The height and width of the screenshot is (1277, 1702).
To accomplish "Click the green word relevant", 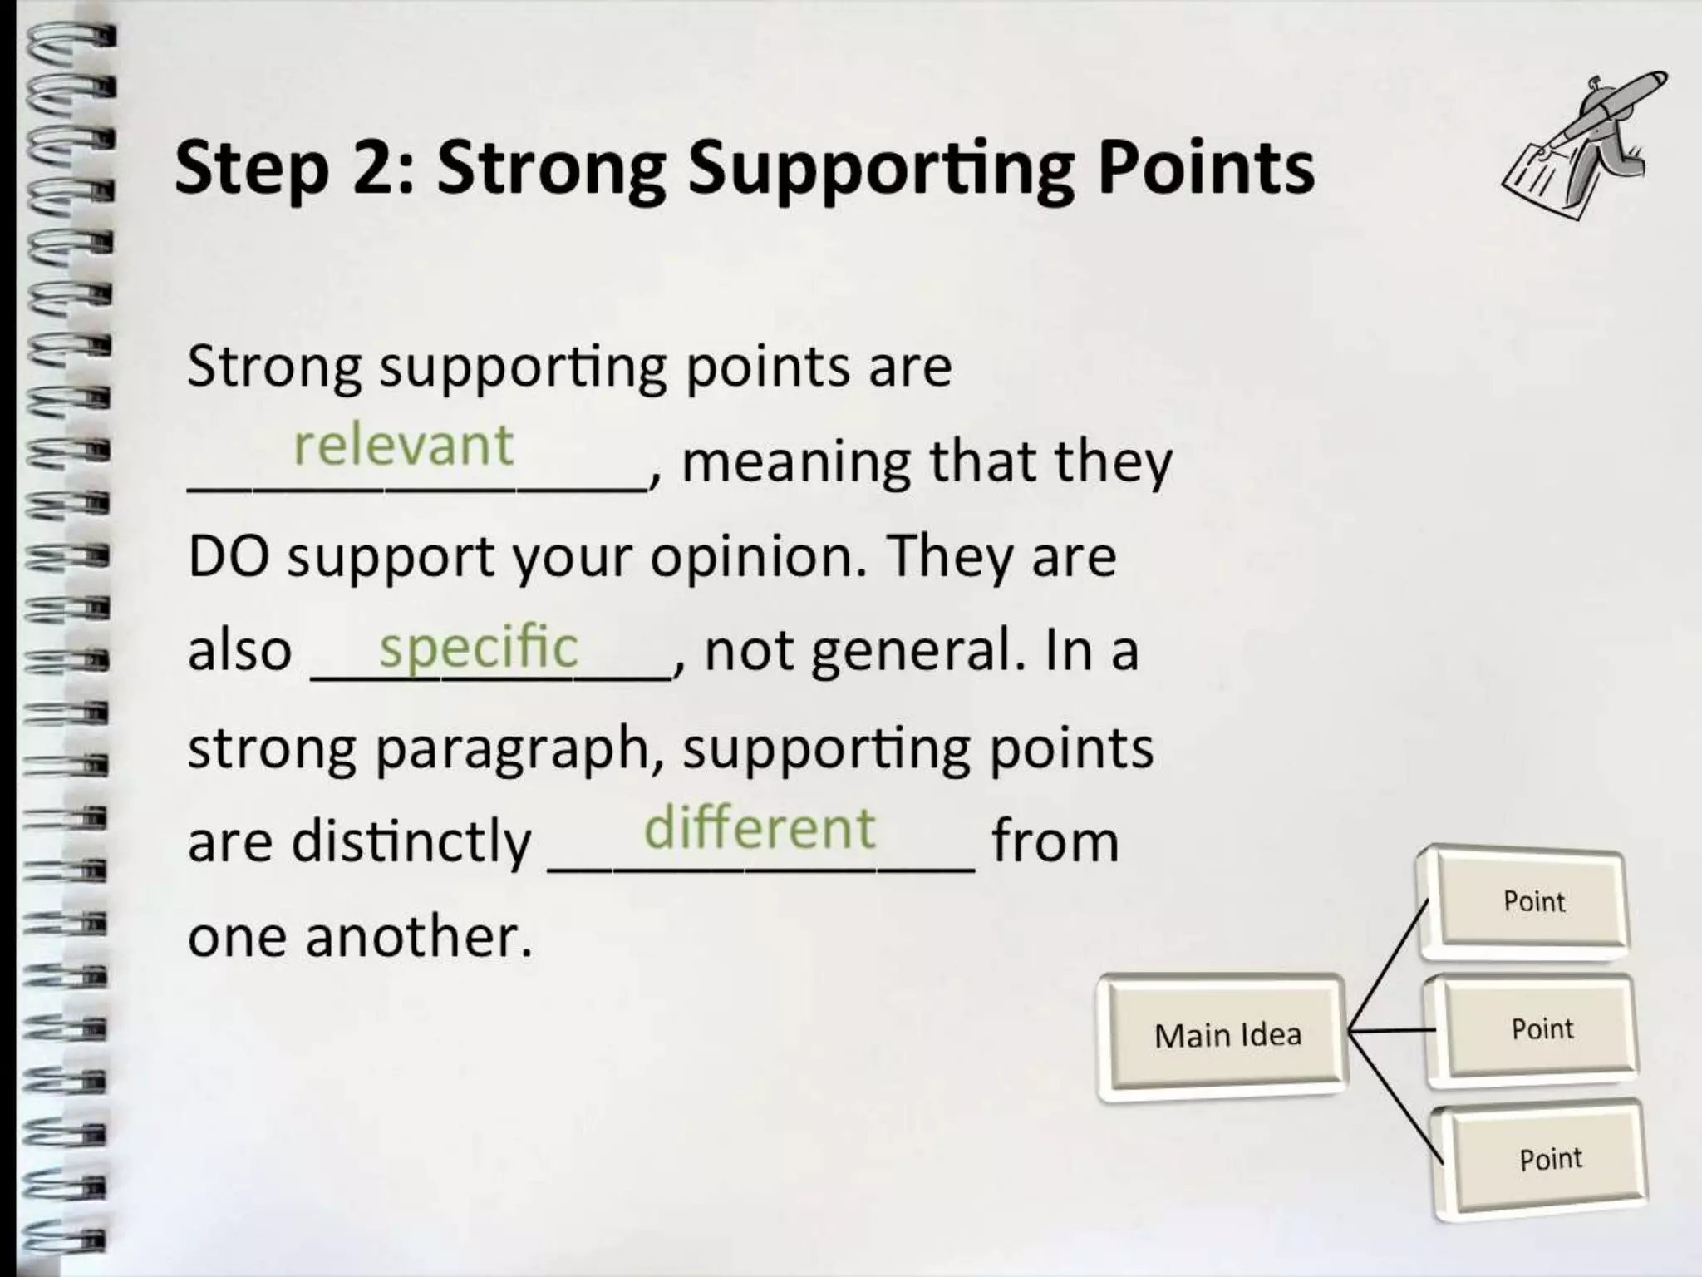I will [403, 445].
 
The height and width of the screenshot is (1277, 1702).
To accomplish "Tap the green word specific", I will [478, 648].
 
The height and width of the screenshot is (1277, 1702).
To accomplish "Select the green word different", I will [759, 828].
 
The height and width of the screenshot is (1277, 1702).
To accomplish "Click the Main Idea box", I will [1227, 1036].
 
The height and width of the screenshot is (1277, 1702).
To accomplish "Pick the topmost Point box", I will [1532, 901].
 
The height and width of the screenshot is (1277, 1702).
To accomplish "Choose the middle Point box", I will [1542, 1029].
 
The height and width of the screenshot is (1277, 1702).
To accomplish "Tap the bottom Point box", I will [1550, 1158].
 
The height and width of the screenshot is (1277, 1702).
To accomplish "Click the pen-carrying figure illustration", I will [1583, 145].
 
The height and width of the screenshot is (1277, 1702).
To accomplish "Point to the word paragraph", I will [512, 748].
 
